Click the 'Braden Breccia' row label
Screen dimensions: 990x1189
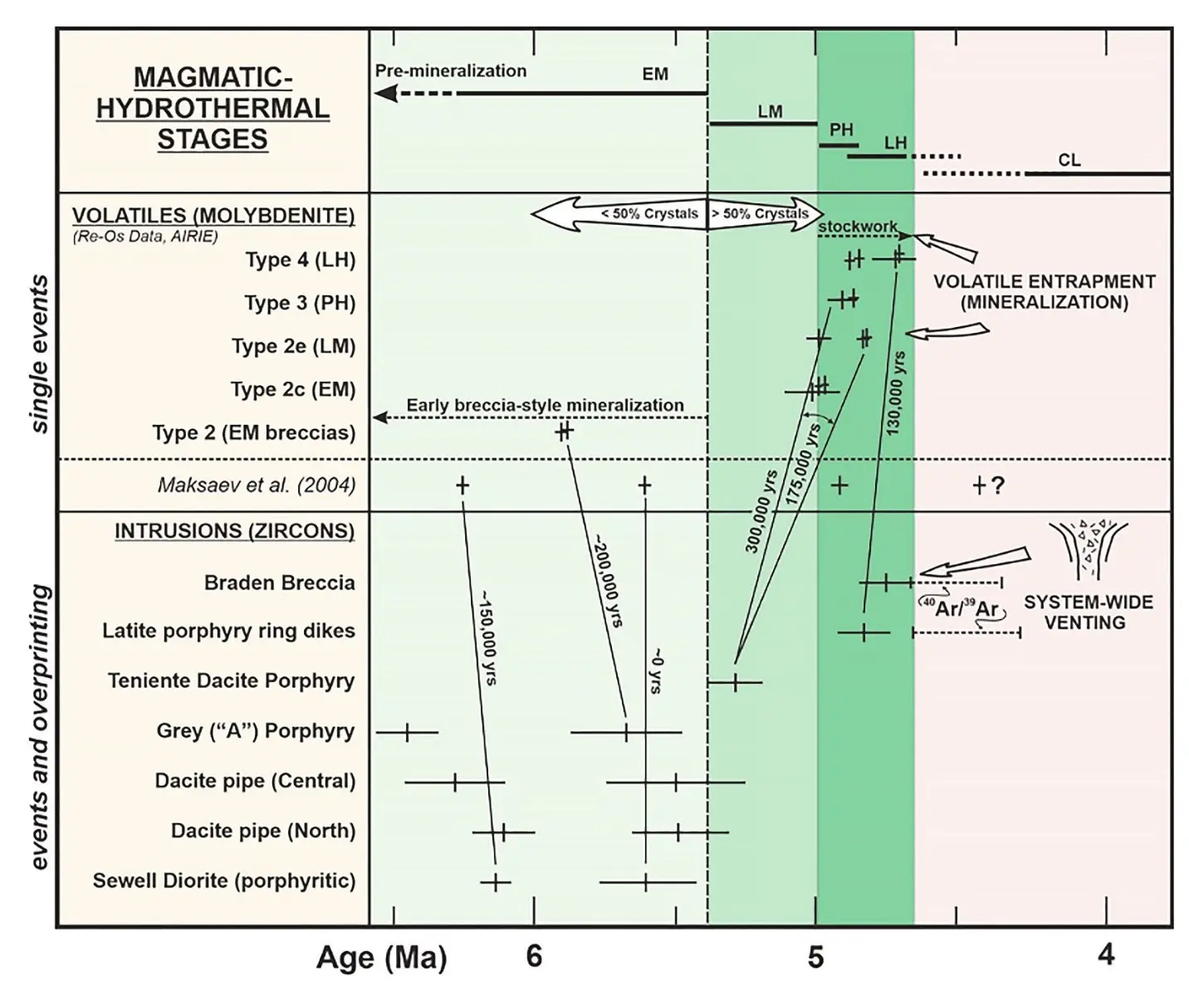tap(279, 583)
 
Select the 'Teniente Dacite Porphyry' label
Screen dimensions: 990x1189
tap(231, 681)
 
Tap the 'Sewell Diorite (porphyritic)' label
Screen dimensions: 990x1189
tap(224, 880)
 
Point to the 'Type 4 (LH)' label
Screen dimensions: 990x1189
tap(300, 260)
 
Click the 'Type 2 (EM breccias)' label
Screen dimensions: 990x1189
tap(253, 432)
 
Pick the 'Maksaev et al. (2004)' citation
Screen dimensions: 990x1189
tap(256, 485)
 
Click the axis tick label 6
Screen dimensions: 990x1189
tap(534, 956)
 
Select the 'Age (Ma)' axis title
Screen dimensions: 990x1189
tap(381, 958)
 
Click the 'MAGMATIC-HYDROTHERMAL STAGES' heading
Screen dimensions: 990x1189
tap(213, 108)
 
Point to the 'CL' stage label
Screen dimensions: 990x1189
tap(1069, 160)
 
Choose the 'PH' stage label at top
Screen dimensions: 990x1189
tap(841, 130)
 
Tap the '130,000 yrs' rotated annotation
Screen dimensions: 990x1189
tap(896, 393)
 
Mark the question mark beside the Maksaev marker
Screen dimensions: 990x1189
tap(997, 485)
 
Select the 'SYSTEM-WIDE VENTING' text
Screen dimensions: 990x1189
tap(1088, 612)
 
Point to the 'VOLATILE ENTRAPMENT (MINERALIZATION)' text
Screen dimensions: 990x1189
tap(1044, 292)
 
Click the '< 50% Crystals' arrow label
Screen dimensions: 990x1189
tap(650, 214)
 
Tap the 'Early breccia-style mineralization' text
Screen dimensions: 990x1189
tap(545, 406)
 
